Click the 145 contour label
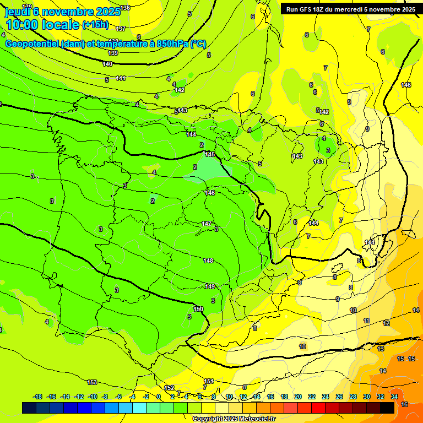point(210,154)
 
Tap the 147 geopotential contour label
point(207,224)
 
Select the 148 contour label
point(208,261)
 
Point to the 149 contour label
point(210,286)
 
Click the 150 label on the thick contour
point(199,308)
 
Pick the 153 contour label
point(92,382)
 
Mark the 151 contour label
point(209,381)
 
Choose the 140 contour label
point(107,64)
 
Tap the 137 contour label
point(121,28)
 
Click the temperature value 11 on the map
point(366,321)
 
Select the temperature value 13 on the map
point(381,349)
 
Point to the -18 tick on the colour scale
point(38,397)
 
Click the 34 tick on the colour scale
point(394,397)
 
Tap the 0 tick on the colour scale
point(159,397)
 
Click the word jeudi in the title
point(18,12)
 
